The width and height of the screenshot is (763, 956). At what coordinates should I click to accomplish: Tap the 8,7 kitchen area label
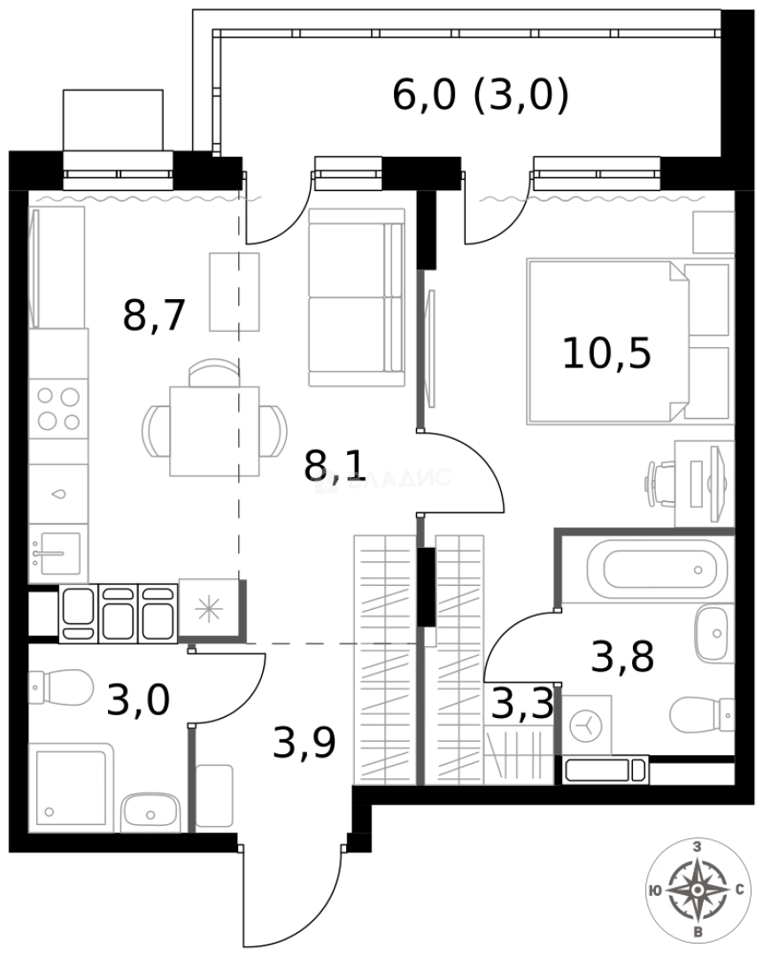click(154, 315)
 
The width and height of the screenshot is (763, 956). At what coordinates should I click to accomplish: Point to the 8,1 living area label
click(335, 466)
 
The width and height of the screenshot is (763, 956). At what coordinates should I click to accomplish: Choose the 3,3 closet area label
click(522, 705)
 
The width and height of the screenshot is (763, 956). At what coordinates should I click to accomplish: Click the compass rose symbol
click(698, 889)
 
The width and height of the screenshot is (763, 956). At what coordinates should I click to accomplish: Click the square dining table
click(214, 431)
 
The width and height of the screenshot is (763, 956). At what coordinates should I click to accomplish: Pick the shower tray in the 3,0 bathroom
click(71, 787)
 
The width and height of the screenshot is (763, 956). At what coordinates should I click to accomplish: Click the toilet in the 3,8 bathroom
click(704, 713)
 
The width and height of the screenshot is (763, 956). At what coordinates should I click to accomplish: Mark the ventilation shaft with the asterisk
click(210, 607)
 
